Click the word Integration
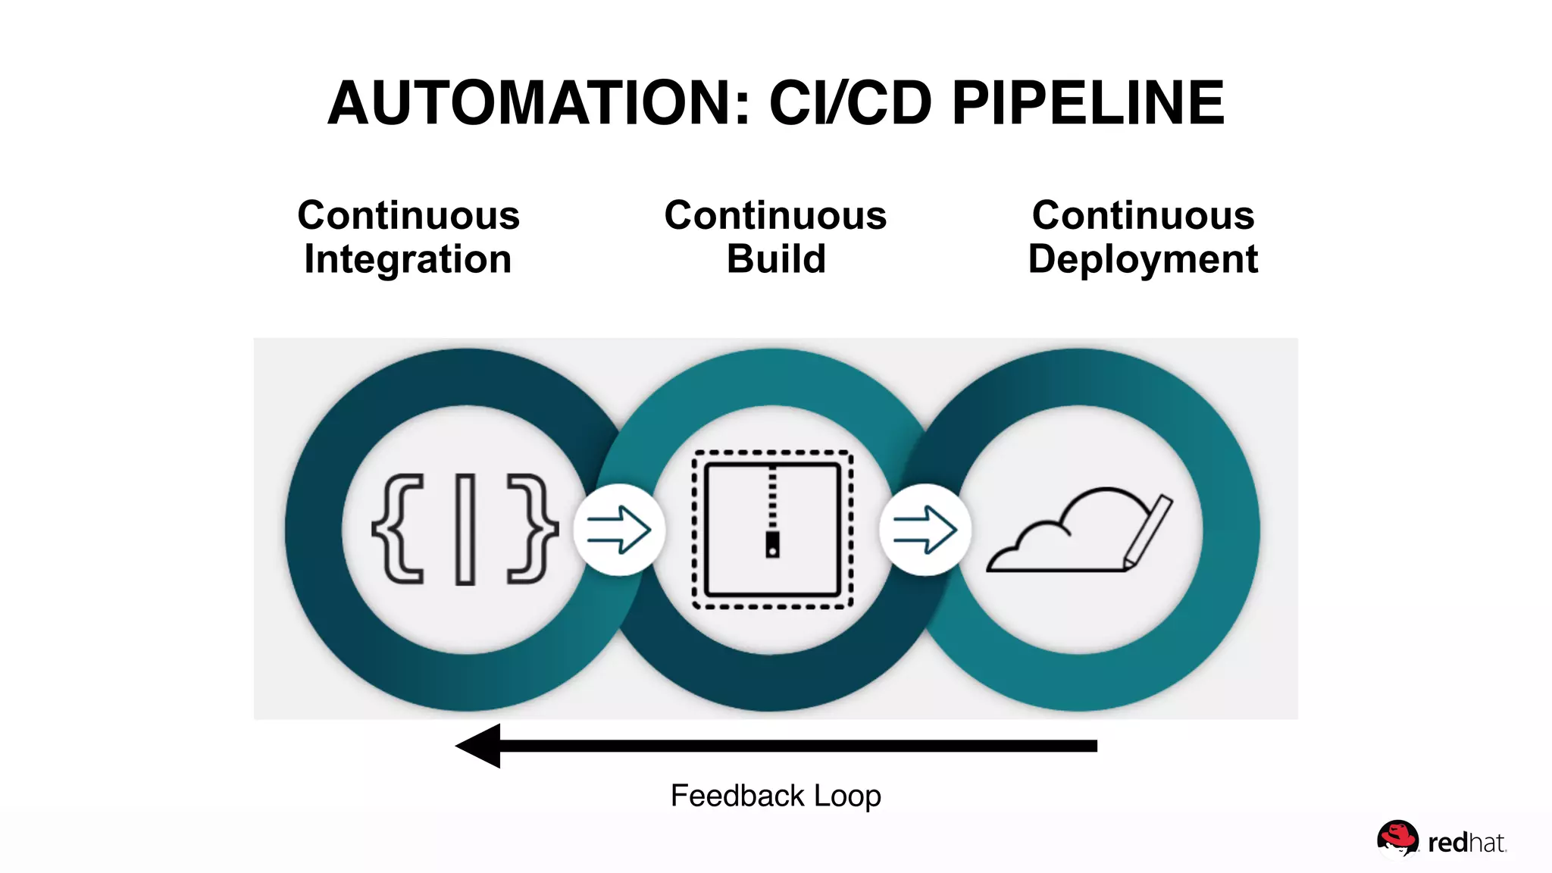click(x=408, y=260)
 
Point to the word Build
click(x=776, y=260)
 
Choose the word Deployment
click(x=1143, y=260)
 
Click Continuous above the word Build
click(x=775, y=215)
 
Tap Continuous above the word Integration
click(x=408, y=215)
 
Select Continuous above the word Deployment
click(x=1143, y=215)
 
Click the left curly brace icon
click(x=399, y=529)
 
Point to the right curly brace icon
click(x=532, y=529)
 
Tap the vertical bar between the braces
click(x=465, y=529)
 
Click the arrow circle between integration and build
click(x=619, y=530)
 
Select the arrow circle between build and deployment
click(x=925, y=530)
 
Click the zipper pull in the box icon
click(x=772, y=544)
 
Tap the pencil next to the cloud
click(x=1148, y=530)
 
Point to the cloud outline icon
click(x=1061, y=534)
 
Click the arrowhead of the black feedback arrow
click(x=479, y=746)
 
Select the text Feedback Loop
click(x=775, y=796)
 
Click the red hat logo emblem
click(x=1397, y=839)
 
